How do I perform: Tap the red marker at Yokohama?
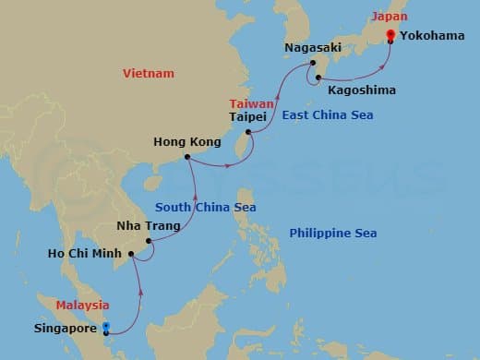[390, 35]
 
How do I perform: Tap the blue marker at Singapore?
[106, 327]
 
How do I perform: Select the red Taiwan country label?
[245, 104]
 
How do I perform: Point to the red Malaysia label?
[82, 305]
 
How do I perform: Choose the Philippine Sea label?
[332, 234]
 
